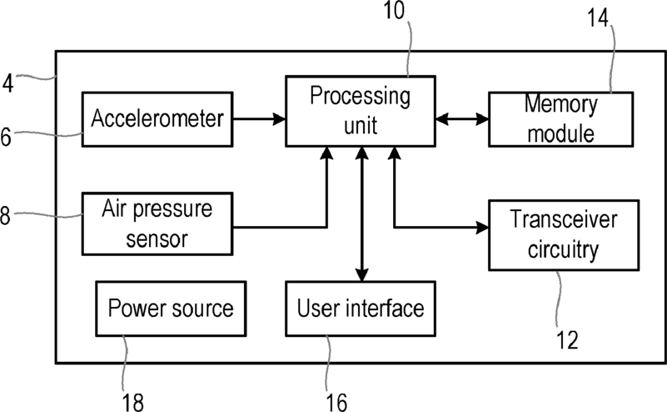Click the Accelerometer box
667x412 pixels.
point(157,119)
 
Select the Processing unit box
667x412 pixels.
point(361,111)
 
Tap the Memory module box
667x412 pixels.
point(560,119)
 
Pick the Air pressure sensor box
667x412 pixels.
point(157,224)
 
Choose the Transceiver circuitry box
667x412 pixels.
point(564,235)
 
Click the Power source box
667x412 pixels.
point(171,309)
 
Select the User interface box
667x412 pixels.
point(361,309)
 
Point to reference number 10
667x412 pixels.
point(394,10)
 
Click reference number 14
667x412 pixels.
point(598,18)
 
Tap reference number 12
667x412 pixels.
point(567,340)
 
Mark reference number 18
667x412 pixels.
point(132,402)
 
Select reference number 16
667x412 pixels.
point(336,402)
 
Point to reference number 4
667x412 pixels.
point(8,83)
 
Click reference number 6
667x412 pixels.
point(6,138)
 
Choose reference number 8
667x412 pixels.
point(5,215)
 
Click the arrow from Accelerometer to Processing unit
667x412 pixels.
point(259,119)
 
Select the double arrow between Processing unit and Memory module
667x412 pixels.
point(462,119)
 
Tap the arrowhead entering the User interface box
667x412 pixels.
point(361,275)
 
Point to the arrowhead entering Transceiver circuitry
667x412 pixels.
point(482,228)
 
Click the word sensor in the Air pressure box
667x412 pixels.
point(157,239)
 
